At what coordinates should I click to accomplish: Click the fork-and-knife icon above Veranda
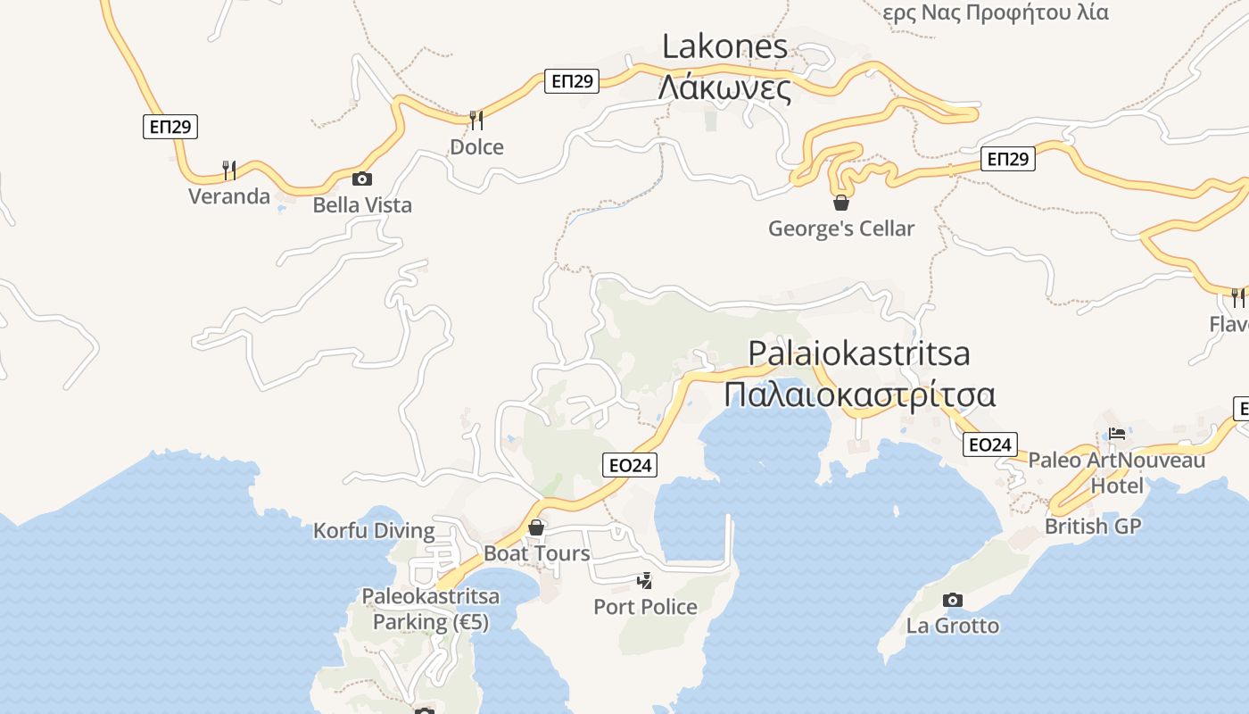pyautogui.click(x=229, y=170)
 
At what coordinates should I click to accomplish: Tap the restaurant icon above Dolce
pyautogui.click(x=476, y=120)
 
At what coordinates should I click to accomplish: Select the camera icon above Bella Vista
pyautogui.click(x=361, y=178)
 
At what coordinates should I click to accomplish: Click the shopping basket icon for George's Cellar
pyautogui.click(x=840, y=203)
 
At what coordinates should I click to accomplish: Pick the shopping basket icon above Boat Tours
pyautogui.click(x=536, y=527)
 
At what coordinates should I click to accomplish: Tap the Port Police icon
pyautogui.click(x=644, y=581)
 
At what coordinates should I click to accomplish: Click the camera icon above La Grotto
pyautogui.click(x=952, y=600)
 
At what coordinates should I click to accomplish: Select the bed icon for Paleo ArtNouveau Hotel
pyautogui.click(x=1117, y=434)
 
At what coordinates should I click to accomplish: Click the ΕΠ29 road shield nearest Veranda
pyautogui.click(x=170, y=127)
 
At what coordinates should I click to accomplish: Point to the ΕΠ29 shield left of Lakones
pyautogui.click(x=572, y=81)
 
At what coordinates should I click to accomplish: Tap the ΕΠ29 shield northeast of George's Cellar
pyautogui.click(x=1008, y=160)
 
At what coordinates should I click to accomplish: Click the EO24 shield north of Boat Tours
pyautogui.click(x=630, y=465)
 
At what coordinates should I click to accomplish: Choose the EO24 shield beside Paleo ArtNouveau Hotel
pyautogui.click(x=990, y=444)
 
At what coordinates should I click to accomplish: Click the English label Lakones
pyautogui.click(x=724, y=46)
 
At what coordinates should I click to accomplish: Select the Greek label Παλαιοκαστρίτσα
pyautogui.click(x=859, y=394)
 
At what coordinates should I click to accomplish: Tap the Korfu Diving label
pyautogui.click(x=374, y=531)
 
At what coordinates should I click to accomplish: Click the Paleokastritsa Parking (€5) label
pyautogui.click(x=431, y=609)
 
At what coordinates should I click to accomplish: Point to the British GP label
pyautogui.click(x=1093, y=527)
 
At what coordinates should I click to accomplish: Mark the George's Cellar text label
pyautogui.click(x=841, y=228)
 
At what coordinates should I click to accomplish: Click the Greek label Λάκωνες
pyautogui.click(x=724, y=88)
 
